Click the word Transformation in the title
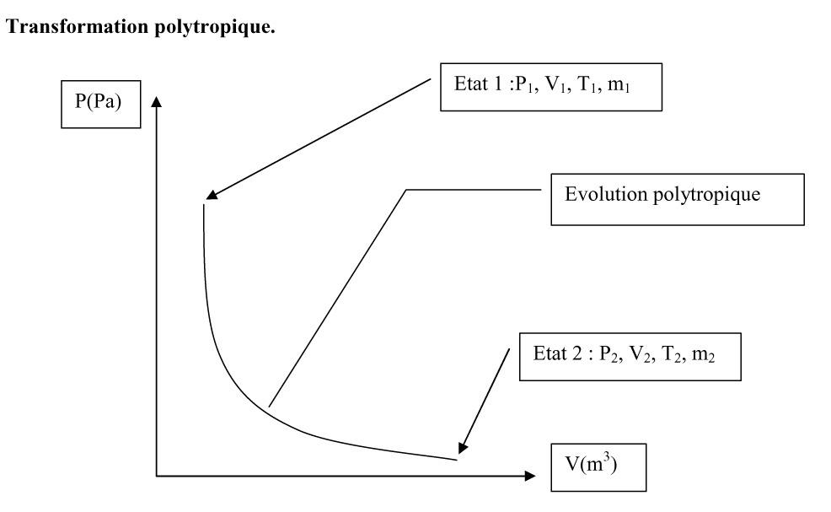click(x=78, y=26)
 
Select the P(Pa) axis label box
click(x=100, y=104)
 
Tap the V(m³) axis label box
click(x=598, y=467)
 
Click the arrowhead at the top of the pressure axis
click(x=157, y=101)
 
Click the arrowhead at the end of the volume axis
click(x=530, y=476)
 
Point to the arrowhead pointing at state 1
click(x=212, y=195)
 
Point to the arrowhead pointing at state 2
click(x=463, y=448)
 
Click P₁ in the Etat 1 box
click(x=526, y=84)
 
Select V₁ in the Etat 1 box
click(x=555, y=84)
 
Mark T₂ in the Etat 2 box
click(x=672, y=354)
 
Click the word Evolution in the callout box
click(x=606, y=194)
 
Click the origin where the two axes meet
click(x=157, y=476)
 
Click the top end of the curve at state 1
click(x=203, y=205)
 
